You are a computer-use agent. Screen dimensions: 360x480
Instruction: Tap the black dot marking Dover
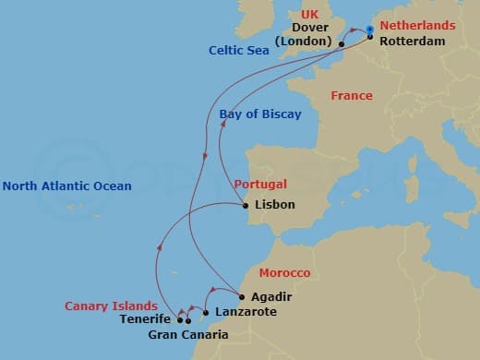[342, 43]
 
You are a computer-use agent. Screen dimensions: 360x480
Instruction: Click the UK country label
[308, 16]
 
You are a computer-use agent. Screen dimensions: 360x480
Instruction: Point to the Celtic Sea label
[239, 51]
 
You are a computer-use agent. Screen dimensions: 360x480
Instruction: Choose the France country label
[352, 96]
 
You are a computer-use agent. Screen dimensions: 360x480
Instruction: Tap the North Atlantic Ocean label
[67, 186]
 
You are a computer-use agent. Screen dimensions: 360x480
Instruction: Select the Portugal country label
[259, 184]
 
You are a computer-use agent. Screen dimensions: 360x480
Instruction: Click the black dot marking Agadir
[241, 297]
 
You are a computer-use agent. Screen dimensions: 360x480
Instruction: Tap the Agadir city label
[270, 297]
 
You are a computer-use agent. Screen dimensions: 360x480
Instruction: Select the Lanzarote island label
[245, 313]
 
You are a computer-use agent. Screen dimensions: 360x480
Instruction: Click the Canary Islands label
[108, 306]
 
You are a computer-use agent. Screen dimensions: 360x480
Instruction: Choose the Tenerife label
[145, 320]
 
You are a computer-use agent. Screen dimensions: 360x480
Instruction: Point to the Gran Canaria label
[188, 334]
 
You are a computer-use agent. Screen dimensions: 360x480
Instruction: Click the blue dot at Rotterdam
[369, 30]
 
